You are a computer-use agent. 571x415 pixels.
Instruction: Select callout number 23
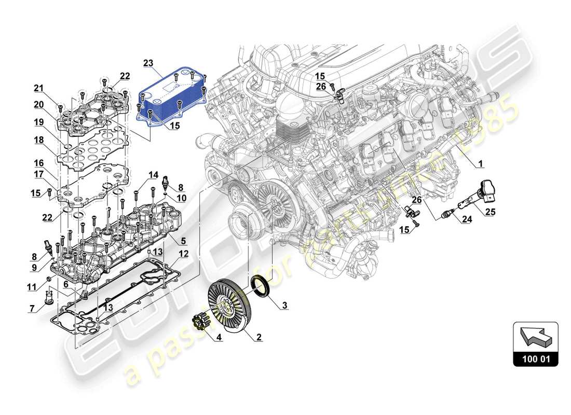pos(149,64)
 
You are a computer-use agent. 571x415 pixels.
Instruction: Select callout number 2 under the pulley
pos(258,337)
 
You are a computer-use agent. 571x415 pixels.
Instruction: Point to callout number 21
pos(39,87)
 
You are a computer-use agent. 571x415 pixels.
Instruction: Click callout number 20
pos(39,105)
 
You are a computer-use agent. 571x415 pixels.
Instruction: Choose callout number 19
pos(39,122)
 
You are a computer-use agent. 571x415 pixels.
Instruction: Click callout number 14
pos(153,174)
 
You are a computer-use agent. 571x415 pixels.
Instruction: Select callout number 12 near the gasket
pos(183,254)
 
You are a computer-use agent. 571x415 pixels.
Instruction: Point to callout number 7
pos(32,309)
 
